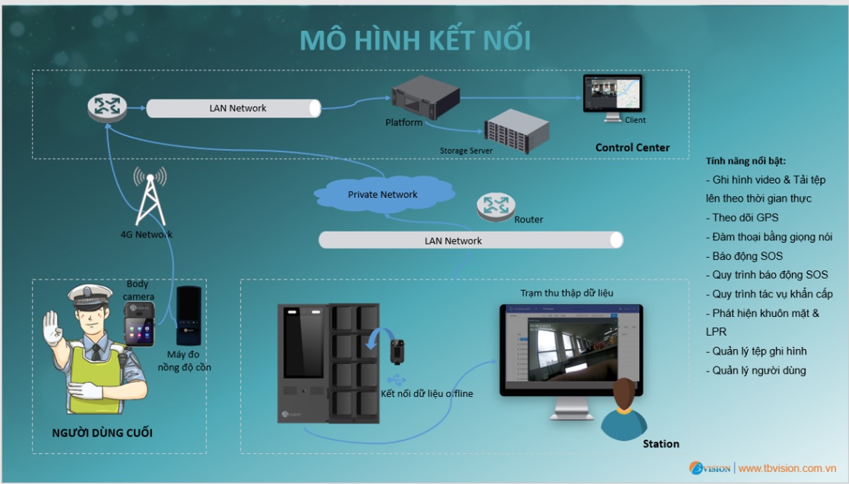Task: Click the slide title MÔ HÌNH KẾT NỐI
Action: click(x=415, y=41)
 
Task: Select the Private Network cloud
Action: click(x=382, y=195)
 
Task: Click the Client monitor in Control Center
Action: click(x=613, y=96)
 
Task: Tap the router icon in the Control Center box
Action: click(x=107, y=107)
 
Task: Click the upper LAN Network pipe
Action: click(x=234, y=108)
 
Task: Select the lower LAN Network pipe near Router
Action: click(x=470, y=240)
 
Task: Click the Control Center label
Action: click(x=632, y=148)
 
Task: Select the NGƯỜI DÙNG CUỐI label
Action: click(x=102, y=433)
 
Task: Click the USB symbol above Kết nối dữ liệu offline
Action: click(x=396, y=379)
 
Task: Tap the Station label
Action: click(x=661, y=444)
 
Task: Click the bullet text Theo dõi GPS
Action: click(x=744, y=218)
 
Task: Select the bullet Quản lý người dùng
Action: click(x=758, y=370)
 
